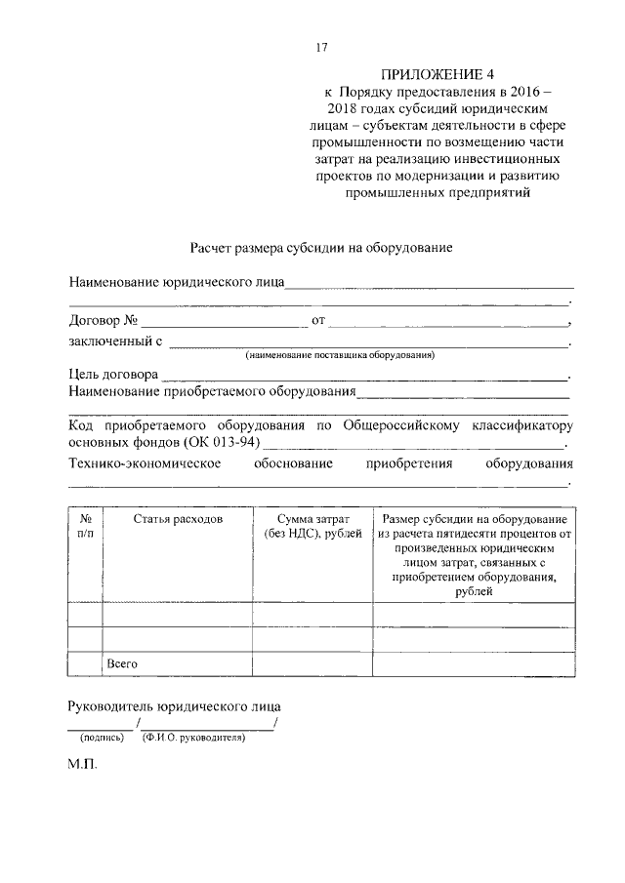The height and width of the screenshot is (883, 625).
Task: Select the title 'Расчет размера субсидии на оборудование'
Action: pyautogui.click(x=319, y=248)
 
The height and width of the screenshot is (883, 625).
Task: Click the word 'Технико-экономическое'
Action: pyautogui.click(x=143, y=463)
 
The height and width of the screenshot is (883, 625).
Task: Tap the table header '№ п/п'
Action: pyautogui.click(x=85, y=527)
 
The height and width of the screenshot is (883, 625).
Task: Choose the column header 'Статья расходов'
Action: pyautogui.click(x=178, y=519)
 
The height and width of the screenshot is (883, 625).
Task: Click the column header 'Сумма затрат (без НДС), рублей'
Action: pyautogui.click(x=312, y=527)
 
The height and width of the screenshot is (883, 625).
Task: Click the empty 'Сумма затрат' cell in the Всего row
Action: pyautogui.click(x=312, y=663)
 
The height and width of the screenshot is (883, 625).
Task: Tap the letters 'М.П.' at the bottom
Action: pyautogui.click(x=83, y=766)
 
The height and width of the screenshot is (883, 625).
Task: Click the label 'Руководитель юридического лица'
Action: pyautogui.click(x=175, y=705)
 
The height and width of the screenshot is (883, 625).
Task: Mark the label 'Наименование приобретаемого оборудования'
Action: pyautogui.click(x=211, y=392)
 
